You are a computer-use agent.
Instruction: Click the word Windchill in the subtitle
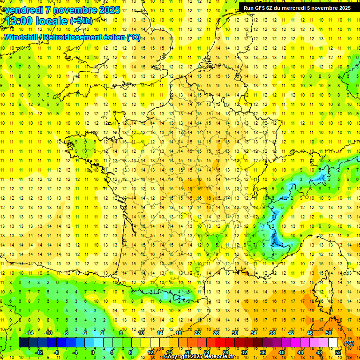21,37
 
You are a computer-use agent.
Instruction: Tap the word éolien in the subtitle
112,37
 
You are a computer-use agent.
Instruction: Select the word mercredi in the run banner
306,8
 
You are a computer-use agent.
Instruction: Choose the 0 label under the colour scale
93,352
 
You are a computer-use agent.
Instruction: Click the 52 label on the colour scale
338,352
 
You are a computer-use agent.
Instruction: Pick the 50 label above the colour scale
329,332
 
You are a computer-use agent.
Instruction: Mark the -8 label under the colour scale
56,352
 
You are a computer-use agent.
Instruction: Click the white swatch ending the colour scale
333,343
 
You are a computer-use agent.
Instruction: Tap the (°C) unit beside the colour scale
349,343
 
